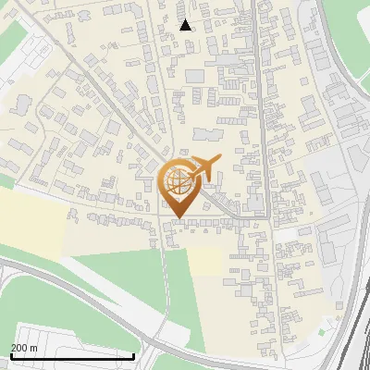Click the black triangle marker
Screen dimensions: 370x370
(186, 25)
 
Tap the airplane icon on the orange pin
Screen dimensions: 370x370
(206, 167)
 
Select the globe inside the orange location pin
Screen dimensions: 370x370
(179, 181)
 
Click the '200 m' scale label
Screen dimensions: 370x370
(24, 347)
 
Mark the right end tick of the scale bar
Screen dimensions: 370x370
(134, 354)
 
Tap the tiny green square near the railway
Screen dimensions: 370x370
(322, 331)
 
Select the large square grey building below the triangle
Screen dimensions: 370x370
(194, 75)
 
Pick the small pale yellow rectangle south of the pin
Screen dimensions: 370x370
(208, 263)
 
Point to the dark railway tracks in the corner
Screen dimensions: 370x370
(356, 333)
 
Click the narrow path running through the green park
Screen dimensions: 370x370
(167, 296)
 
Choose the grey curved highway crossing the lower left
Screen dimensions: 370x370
(55, 277)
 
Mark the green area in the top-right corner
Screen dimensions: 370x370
(351, 23)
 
